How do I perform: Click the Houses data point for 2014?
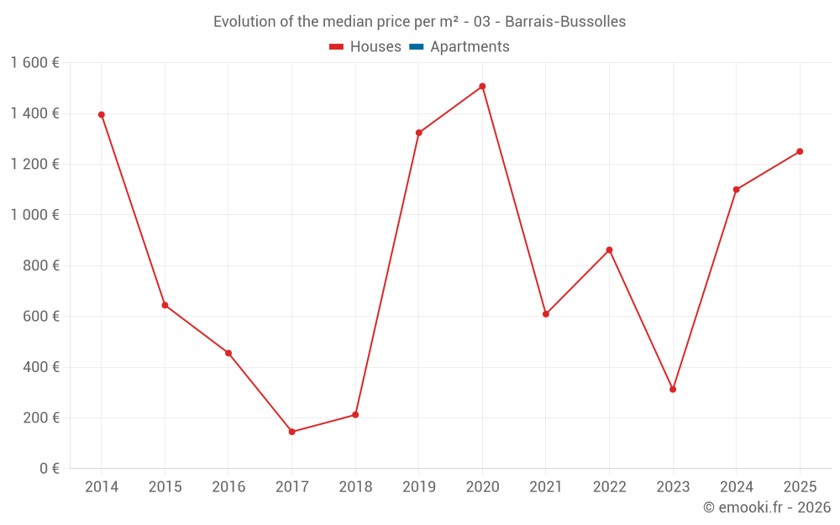coord(102,114)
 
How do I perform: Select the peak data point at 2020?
coord(482,86)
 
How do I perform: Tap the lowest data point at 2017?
coord(291,432)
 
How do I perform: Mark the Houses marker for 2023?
coord(673,389)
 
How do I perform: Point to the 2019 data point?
coord(419,133)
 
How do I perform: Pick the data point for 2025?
coord(800,151)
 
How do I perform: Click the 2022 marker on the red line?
coord(609,249)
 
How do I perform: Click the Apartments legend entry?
coord(470,47)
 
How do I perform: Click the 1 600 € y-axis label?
coord(34,63)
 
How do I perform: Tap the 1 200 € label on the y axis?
coord(34,164)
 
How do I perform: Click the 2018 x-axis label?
coord(355,487)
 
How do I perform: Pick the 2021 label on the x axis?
coord(545,487)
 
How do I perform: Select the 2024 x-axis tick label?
coord(736,487)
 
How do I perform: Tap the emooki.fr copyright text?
coord(766,507)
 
